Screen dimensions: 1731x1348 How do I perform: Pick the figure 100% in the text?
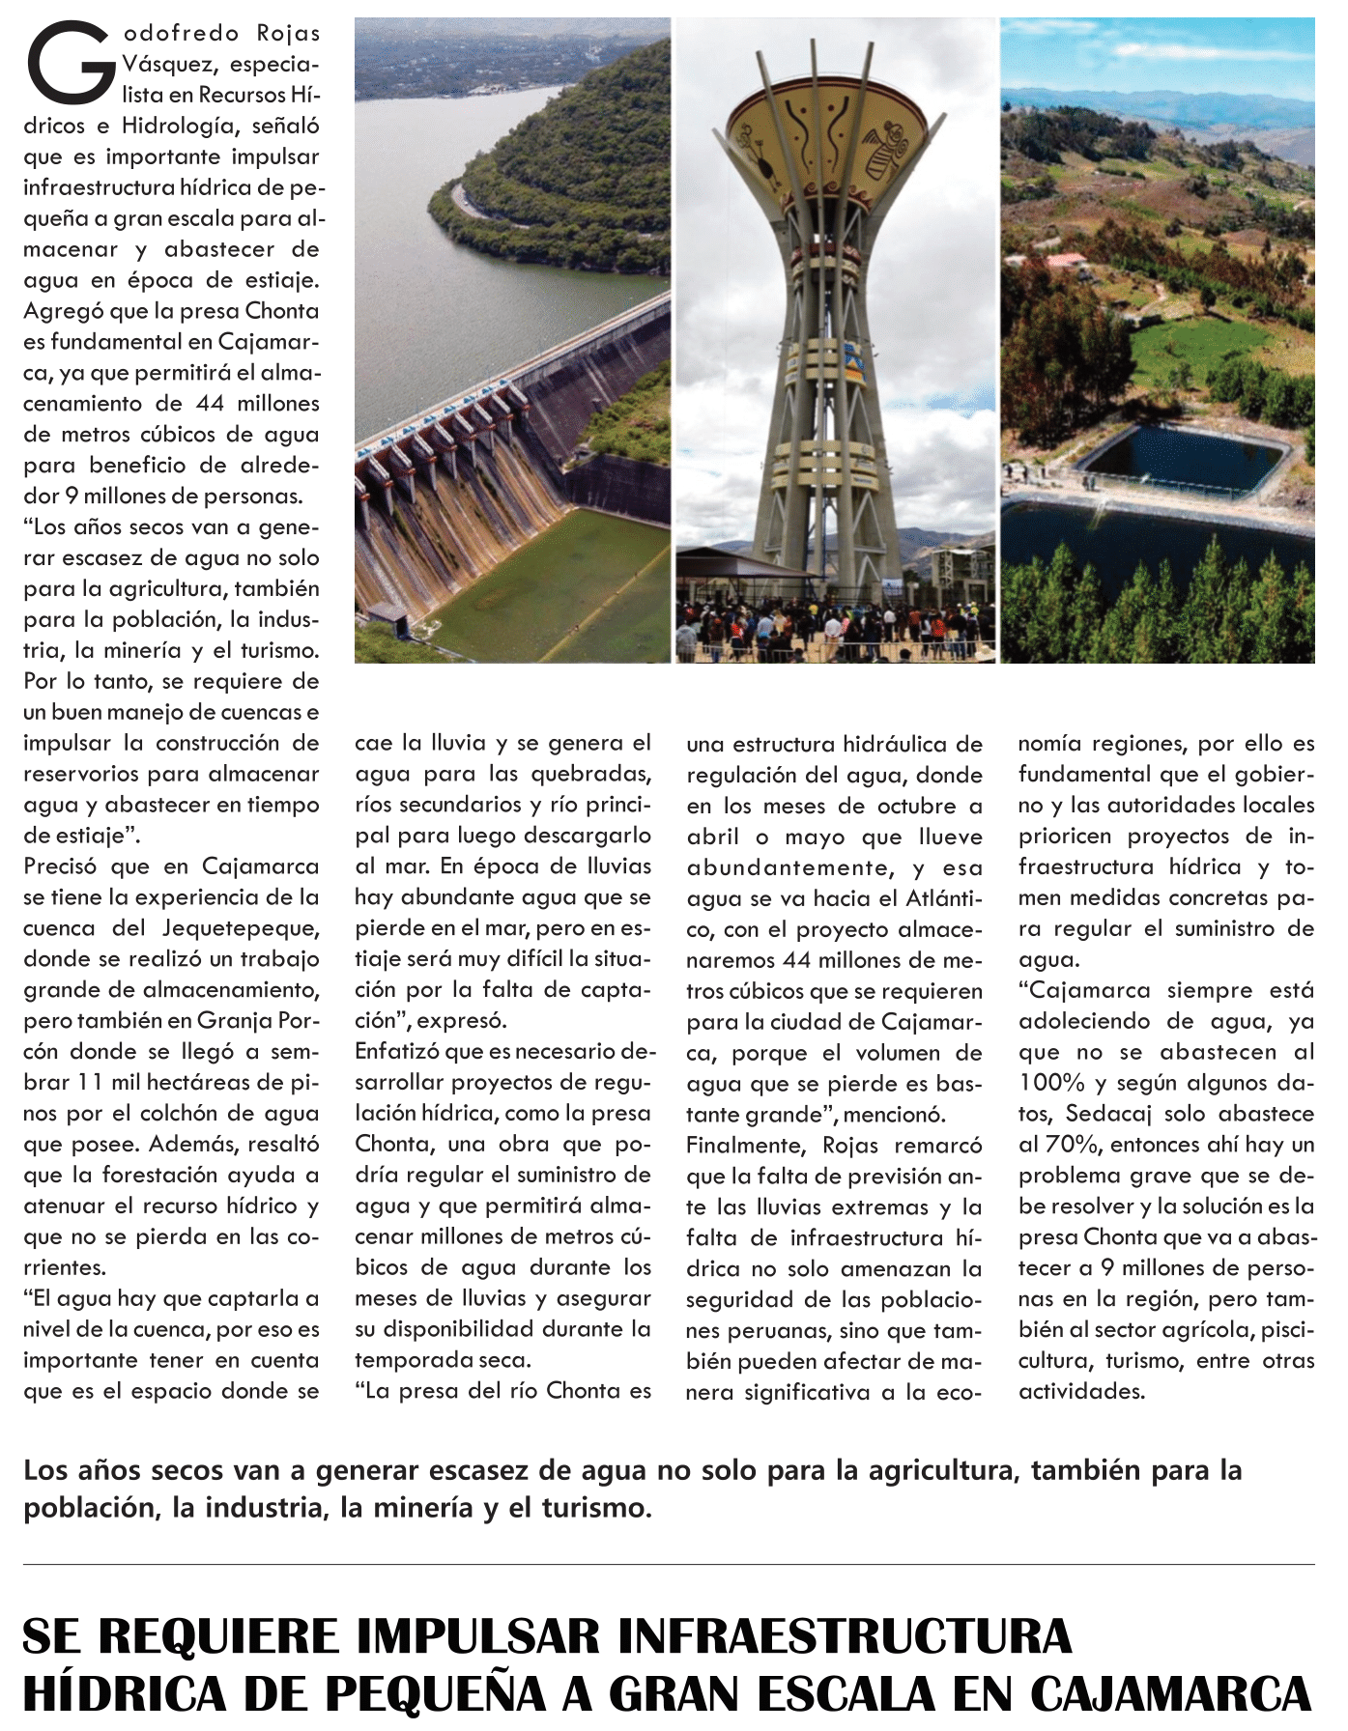[x=1051, y=1083]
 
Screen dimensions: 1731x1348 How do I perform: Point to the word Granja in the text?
[x=235, y=1021]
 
